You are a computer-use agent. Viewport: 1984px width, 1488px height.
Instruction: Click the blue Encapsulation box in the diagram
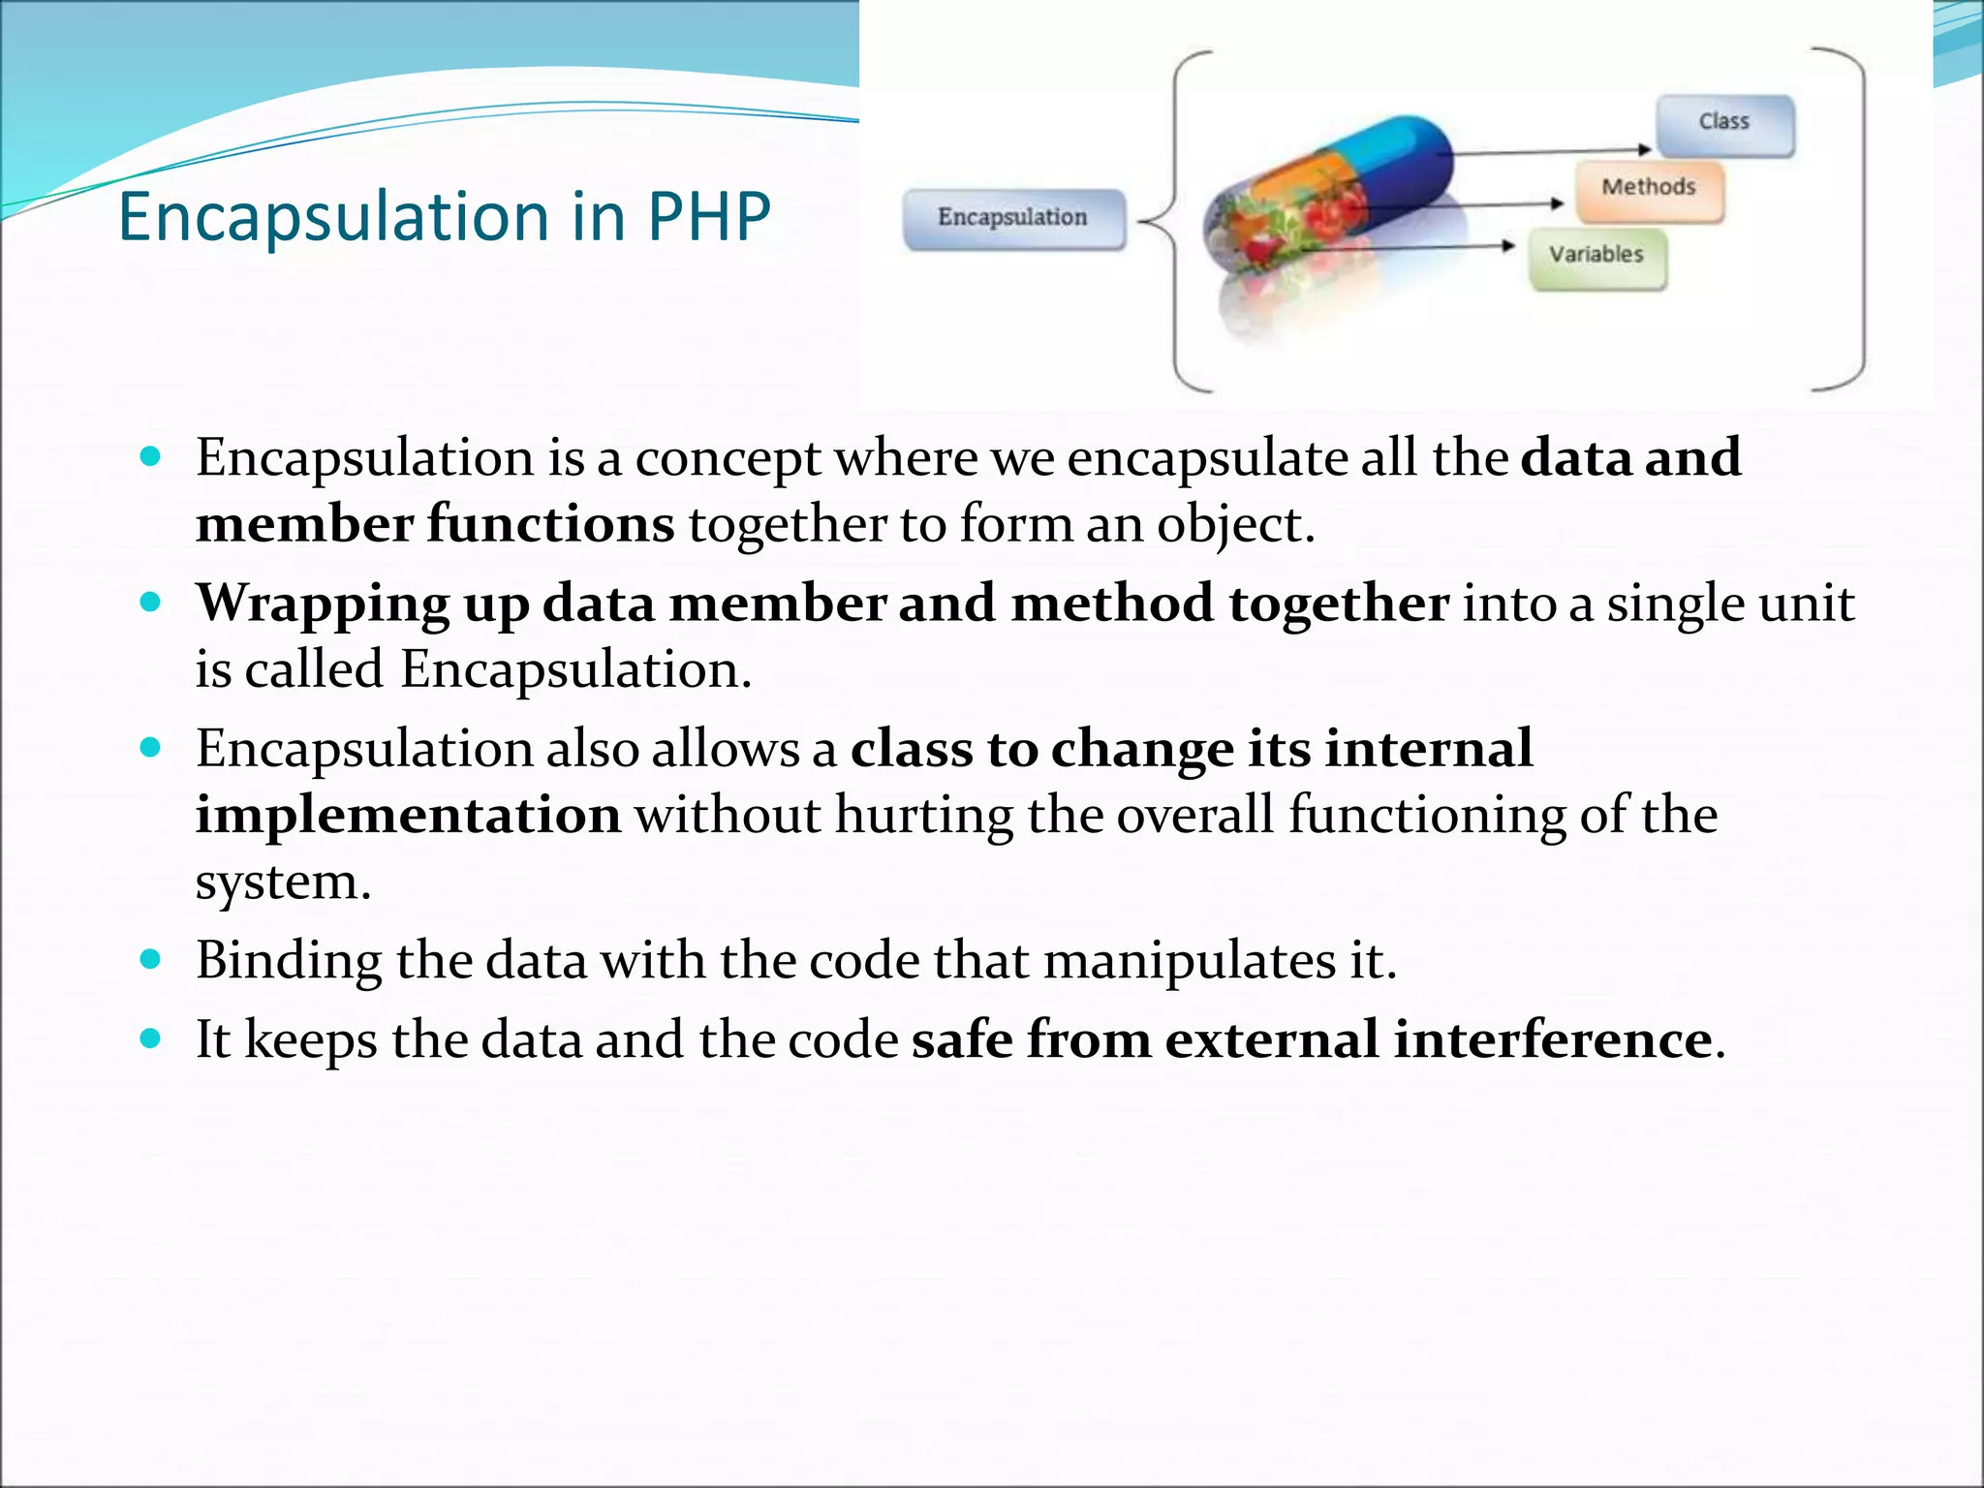1013,219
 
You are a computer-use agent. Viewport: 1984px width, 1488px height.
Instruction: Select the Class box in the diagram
1724,124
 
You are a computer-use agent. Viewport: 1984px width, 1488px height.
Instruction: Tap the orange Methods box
1649,189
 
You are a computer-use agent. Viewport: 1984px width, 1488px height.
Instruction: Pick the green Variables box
1596,257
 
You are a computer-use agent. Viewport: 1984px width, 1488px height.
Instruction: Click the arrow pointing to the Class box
1550,151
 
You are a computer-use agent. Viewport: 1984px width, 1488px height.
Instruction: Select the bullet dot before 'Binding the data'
150,959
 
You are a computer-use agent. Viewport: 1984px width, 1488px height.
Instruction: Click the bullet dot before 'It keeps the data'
150,1038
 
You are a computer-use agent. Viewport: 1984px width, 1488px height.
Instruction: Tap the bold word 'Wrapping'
323,604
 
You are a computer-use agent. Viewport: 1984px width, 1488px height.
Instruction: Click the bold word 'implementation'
408,815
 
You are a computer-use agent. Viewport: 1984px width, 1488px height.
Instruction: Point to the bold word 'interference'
1553,1039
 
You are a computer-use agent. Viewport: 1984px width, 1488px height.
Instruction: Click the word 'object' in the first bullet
1228,525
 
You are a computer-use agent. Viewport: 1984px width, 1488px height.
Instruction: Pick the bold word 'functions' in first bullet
550,524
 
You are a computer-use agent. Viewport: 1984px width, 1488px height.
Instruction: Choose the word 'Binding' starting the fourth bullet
289,961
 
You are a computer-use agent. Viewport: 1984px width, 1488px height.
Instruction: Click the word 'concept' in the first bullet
728,458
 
